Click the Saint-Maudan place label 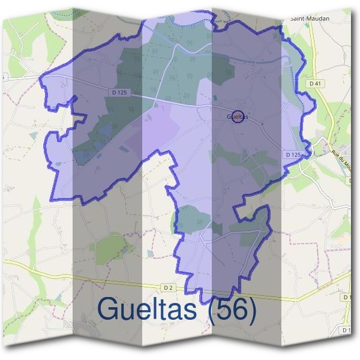coord(310,19)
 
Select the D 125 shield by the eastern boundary coord(293,155)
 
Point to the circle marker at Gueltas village coord(238,116)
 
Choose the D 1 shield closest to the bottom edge coord(346,330)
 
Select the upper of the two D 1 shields coord(347,297)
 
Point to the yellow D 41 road coord(313,54)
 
